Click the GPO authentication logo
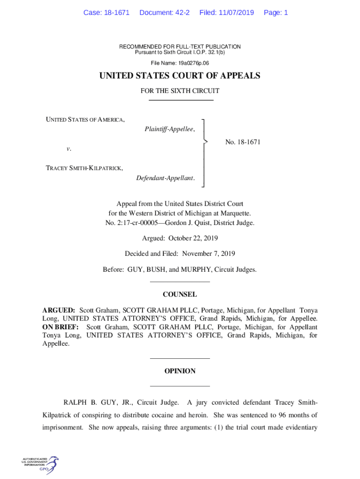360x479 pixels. point(40,464)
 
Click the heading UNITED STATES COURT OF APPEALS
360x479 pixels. point(180,76)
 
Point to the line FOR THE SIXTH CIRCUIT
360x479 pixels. point(180,91)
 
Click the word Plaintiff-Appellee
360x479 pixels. point(169,129)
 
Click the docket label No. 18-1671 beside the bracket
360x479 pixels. point(243,142)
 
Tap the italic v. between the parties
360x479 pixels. point(69,149)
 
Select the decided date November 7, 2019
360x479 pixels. point(208,254)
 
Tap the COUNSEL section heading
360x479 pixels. point(180,295)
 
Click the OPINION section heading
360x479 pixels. point(180,371)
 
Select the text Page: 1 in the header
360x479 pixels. point(276,13)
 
